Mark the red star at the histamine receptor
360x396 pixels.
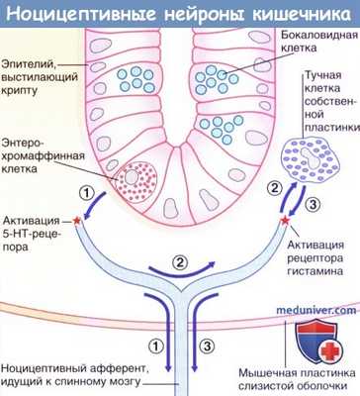click(286, 215)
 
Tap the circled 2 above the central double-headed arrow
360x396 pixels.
click(179, 262)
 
